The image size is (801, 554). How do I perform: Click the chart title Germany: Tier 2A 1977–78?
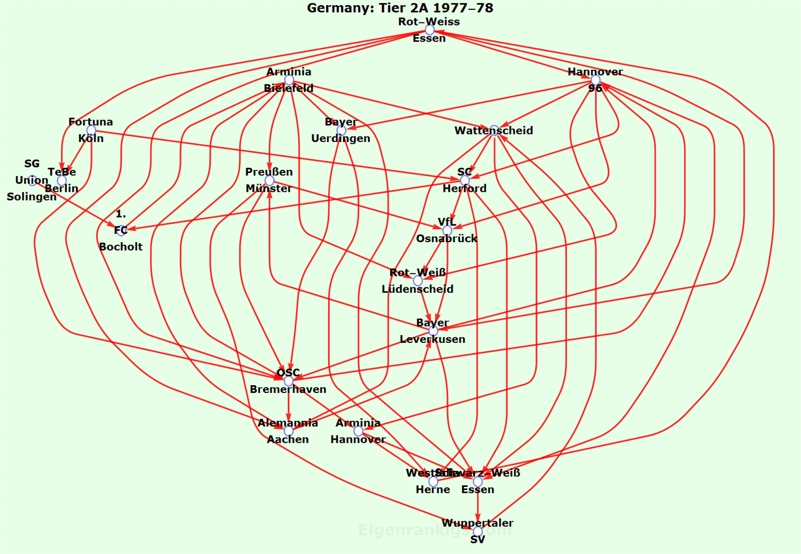click(x=400, y=8)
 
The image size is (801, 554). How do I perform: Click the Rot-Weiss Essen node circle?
click(x=430, y=30)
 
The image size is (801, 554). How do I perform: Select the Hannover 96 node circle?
click(x=596, y=80)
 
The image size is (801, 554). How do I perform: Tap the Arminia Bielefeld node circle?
click(x=289, y=80)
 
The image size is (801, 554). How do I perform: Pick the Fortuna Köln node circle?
click(x=91, y=130)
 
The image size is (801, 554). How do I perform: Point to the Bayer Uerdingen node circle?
click(x=341, y=130)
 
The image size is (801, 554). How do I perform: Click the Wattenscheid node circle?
click(x=494, y=130)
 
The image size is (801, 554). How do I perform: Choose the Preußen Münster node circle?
click(x=269, y=180)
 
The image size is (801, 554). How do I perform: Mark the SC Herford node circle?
click(x=465, y=180)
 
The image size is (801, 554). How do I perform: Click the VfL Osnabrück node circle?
click(x=447, y=230)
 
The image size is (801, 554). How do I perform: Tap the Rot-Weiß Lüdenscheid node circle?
click(x=418, y=281)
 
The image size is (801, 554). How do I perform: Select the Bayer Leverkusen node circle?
click(x=433, y=331)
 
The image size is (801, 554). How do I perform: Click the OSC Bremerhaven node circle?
click(x=289, y=381)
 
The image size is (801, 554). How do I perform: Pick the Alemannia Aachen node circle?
click(x=289, y=431)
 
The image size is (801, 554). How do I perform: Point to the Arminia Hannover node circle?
click(x=358, y=431)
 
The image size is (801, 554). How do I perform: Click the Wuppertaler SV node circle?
click(x=477, y=531)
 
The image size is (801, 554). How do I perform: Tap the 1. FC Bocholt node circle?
click(x=121, y=230)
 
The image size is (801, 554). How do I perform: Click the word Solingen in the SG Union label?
click(x=32, y=196)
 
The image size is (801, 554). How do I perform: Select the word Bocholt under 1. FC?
click(x=121, y=247)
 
